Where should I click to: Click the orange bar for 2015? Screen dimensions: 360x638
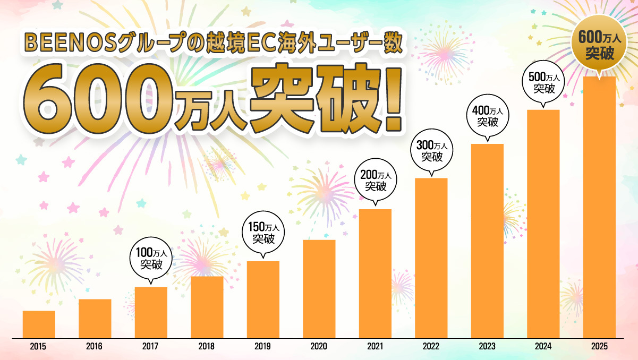39,324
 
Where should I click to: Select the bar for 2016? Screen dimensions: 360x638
95,319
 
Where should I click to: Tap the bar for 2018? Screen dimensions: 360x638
207,307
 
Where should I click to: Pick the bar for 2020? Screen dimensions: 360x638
319,289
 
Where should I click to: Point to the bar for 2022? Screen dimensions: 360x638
431,258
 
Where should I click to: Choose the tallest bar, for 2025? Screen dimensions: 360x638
599,207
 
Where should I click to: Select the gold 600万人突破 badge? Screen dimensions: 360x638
600,47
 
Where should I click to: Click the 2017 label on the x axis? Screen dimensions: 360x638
150,347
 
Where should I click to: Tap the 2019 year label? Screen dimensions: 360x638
262,347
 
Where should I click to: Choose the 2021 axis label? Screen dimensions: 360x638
375,347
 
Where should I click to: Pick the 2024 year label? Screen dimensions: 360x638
543,347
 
